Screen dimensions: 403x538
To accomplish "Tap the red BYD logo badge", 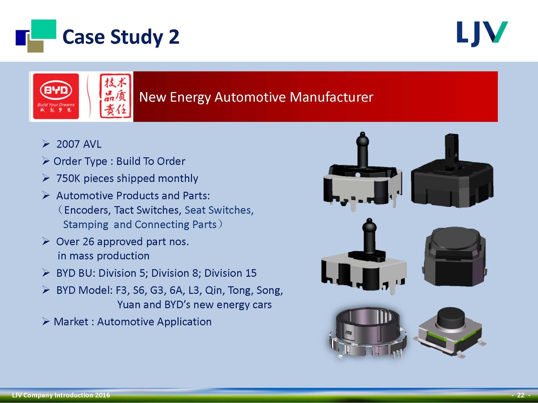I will coord(56,96).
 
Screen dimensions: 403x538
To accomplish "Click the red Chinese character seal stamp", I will coord(115,96).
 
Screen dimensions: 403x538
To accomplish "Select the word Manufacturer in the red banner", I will coord(331,97).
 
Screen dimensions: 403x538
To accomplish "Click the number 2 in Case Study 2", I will coord(174,37).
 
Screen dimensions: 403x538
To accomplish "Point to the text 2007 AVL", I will coord(79,144).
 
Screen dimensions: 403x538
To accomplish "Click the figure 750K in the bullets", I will coord(68,178).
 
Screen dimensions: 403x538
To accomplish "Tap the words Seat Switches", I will coord(219,210).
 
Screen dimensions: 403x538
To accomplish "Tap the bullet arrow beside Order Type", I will coord(46,161).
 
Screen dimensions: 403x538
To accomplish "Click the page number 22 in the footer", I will coord(521,395).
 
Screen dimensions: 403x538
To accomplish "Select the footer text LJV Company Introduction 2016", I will coord(61,395).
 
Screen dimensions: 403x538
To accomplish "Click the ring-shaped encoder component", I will coord(368,332).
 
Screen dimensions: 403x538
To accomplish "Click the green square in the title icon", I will coord(44,29).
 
